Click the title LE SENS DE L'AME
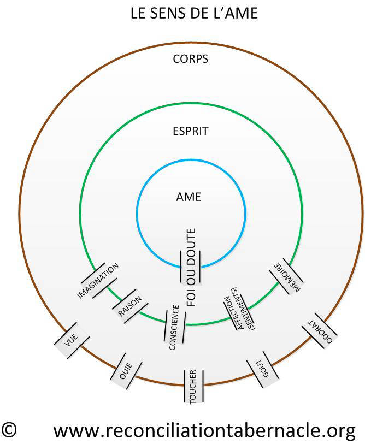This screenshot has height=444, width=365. (x=194, y=13)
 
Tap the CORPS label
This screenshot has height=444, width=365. (x=191, y=59)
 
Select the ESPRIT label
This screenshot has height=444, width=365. (x=191, y=131)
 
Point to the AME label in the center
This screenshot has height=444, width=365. (x=189, y=197)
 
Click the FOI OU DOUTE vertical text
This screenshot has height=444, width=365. (x=191, y=267)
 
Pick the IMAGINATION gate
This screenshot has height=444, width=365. (x=98, y=280)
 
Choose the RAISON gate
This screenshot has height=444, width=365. (x=130, y=306)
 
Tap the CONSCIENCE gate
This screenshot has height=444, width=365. (x=174, y=327)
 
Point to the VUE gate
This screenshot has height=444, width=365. (x=72, y=340)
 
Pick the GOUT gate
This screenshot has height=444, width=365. (x=262, y=369)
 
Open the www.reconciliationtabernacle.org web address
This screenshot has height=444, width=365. (x=204, y=431)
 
